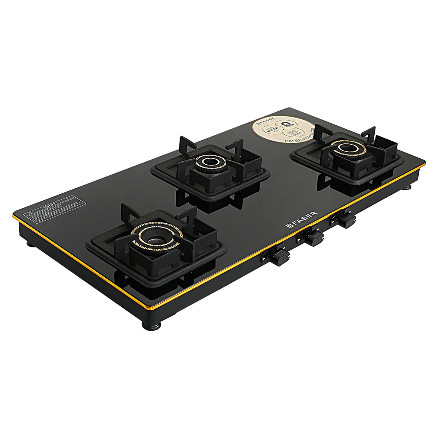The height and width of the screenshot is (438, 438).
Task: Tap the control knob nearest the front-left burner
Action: click(281, 257)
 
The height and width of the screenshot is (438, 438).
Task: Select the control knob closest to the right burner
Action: click(347, 220)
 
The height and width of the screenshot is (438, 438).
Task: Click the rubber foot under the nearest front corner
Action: click(151, 326)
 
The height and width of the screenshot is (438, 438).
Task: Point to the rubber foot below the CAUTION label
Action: click(30, 245)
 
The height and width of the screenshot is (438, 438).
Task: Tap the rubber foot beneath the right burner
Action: click(406, 186)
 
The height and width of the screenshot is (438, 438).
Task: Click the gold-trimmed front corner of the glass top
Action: click(148, 308)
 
